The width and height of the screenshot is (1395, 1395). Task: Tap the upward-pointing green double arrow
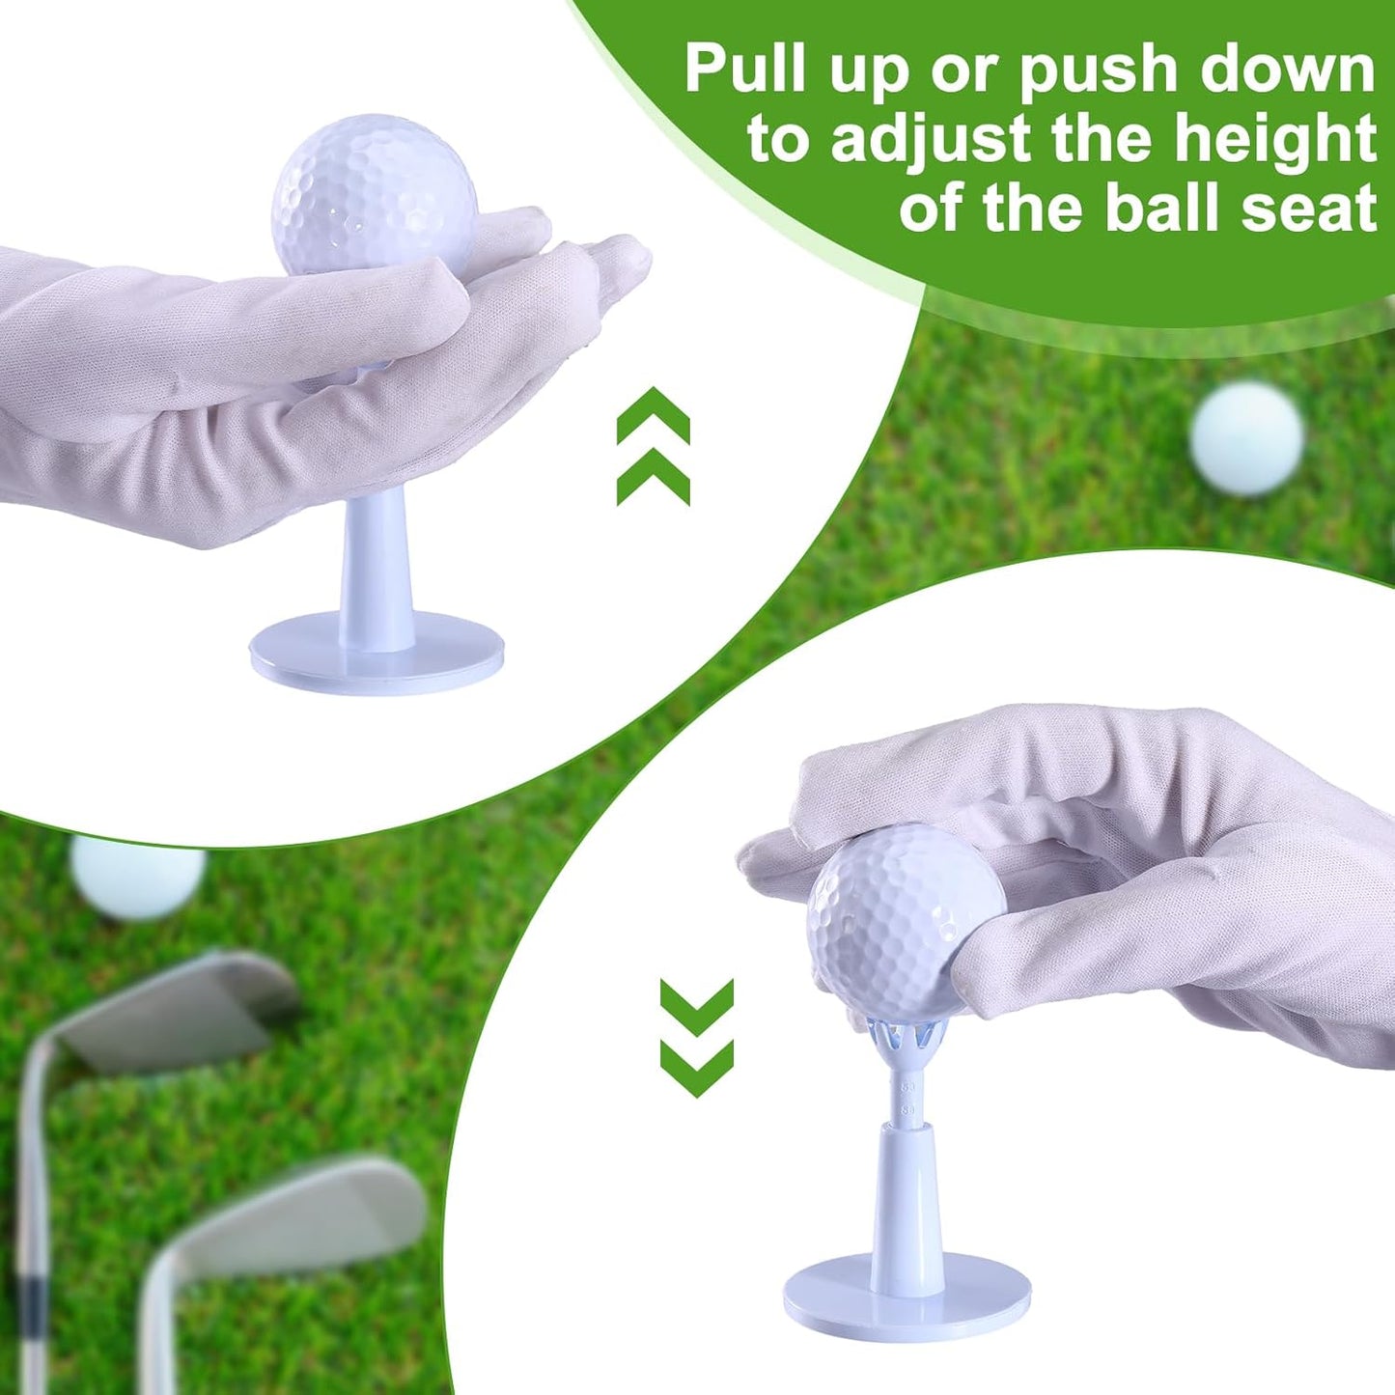pyautogui.click(x=654, y=446)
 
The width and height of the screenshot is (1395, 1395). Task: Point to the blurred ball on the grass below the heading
pyautogui.click(x=1246, y=438)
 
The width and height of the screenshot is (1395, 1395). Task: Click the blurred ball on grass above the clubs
pyautogui.click(x=138, y=875)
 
